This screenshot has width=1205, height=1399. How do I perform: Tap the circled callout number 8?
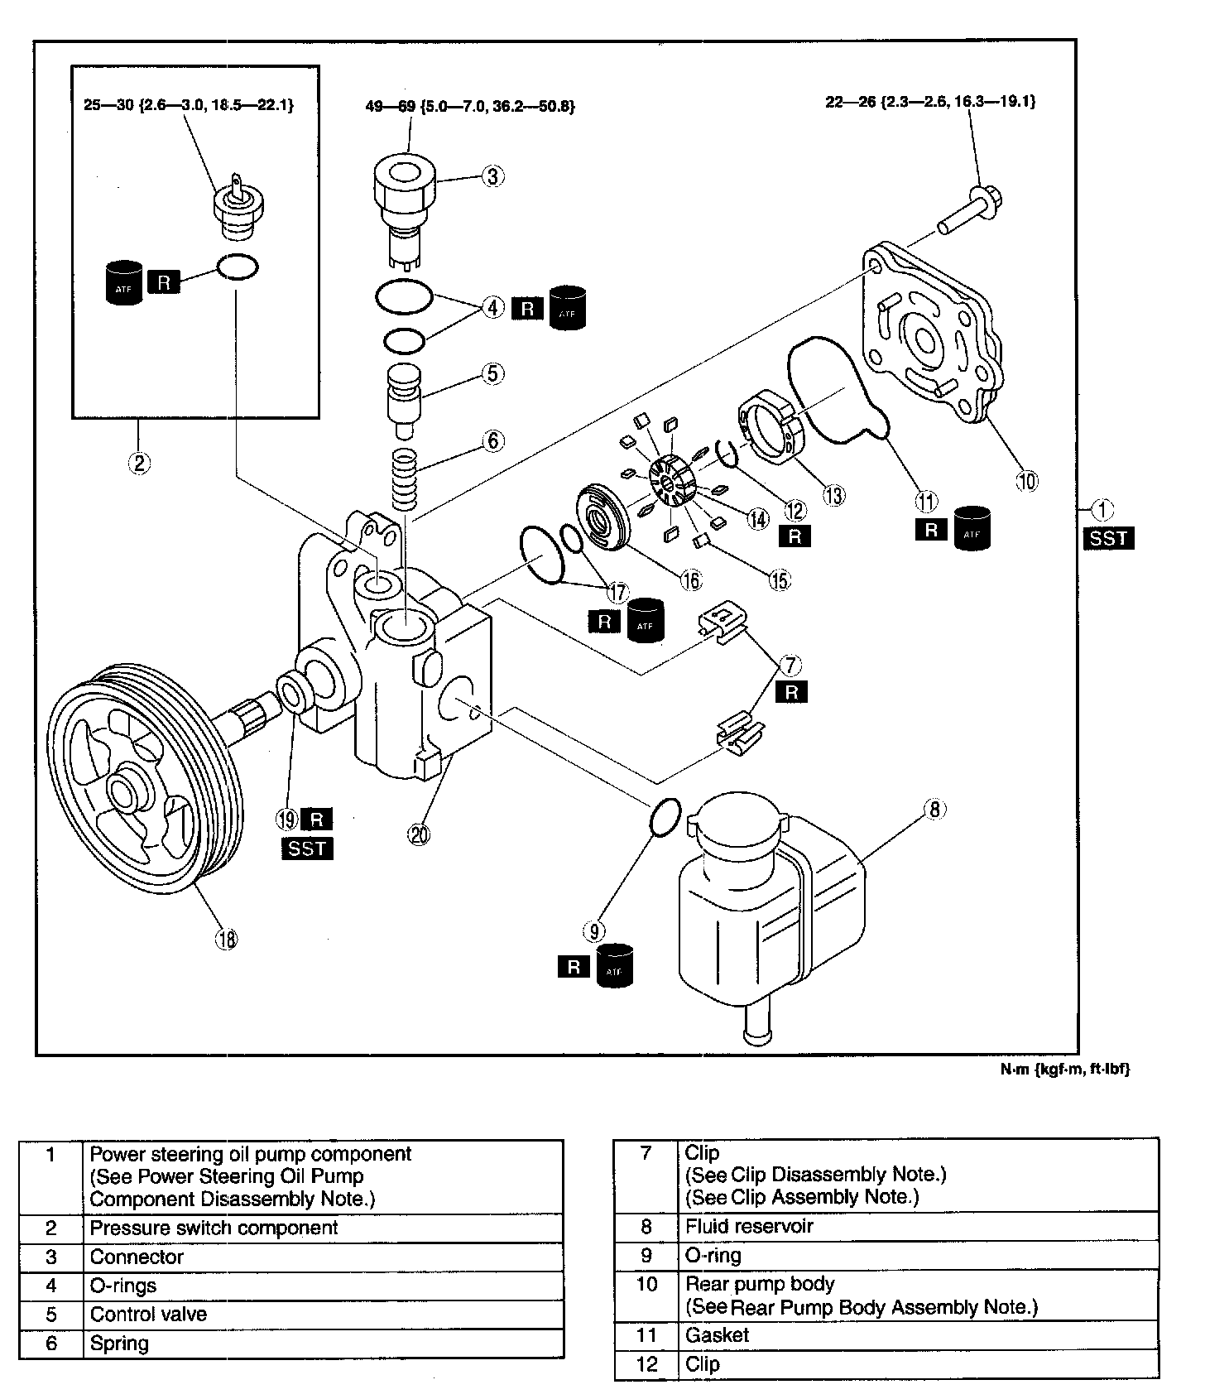point(934,809)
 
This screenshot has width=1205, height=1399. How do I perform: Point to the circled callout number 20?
point(420,835)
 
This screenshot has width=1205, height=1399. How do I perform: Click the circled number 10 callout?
point(1026,481)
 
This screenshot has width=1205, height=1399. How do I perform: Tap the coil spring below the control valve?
point(406,479)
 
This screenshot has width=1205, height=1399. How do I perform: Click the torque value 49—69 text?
point(470,106)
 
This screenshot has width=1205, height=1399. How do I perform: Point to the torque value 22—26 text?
point(930,102)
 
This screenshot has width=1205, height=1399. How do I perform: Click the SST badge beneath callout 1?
point(1108,538)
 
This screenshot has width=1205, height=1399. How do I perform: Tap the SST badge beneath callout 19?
point(307,849)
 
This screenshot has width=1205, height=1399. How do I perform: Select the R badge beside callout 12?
point(795,536)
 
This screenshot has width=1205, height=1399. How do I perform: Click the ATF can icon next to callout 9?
point(614,966)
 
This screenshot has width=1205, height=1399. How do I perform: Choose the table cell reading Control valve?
point(149,1315)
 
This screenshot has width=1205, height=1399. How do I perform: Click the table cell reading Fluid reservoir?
point(749,1226)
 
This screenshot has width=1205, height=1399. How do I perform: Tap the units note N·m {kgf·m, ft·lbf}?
point(1064,1069)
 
